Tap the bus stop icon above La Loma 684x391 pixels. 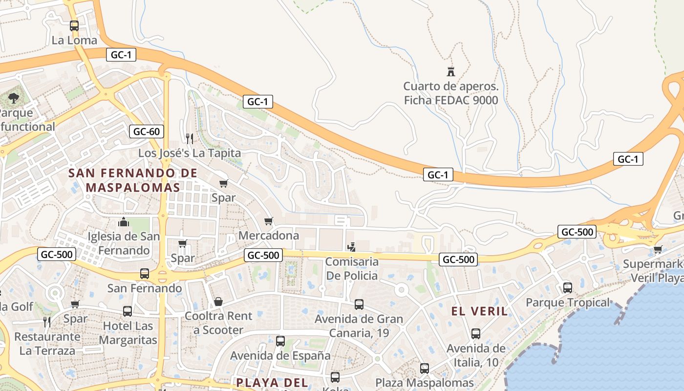coord(74,26)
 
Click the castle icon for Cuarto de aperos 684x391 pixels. coord(450,72)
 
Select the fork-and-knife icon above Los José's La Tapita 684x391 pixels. coord(190,139)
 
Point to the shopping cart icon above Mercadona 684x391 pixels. coord(268,221)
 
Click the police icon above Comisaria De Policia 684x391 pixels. coord(351,247)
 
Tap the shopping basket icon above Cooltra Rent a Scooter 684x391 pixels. coord(218,302)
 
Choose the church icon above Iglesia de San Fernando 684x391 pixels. coord(124,222)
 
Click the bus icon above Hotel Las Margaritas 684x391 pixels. coord(128,311)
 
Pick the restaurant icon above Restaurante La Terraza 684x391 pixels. coord(47,322)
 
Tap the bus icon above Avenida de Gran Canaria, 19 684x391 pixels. coord(359,304)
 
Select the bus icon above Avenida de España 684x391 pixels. coord(280,341)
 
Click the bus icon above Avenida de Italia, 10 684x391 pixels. coord(476,334)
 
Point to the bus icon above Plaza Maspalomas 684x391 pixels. coord(425,368)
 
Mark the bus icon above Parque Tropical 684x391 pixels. coord(567,288)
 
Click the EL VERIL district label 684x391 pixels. coord(479,311)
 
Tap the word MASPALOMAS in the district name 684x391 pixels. coord(133,188)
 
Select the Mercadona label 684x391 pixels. coord(269,236)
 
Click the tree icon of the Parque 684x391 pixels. coord(14,98)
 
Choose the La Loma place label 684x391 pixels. coord(74,41)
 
